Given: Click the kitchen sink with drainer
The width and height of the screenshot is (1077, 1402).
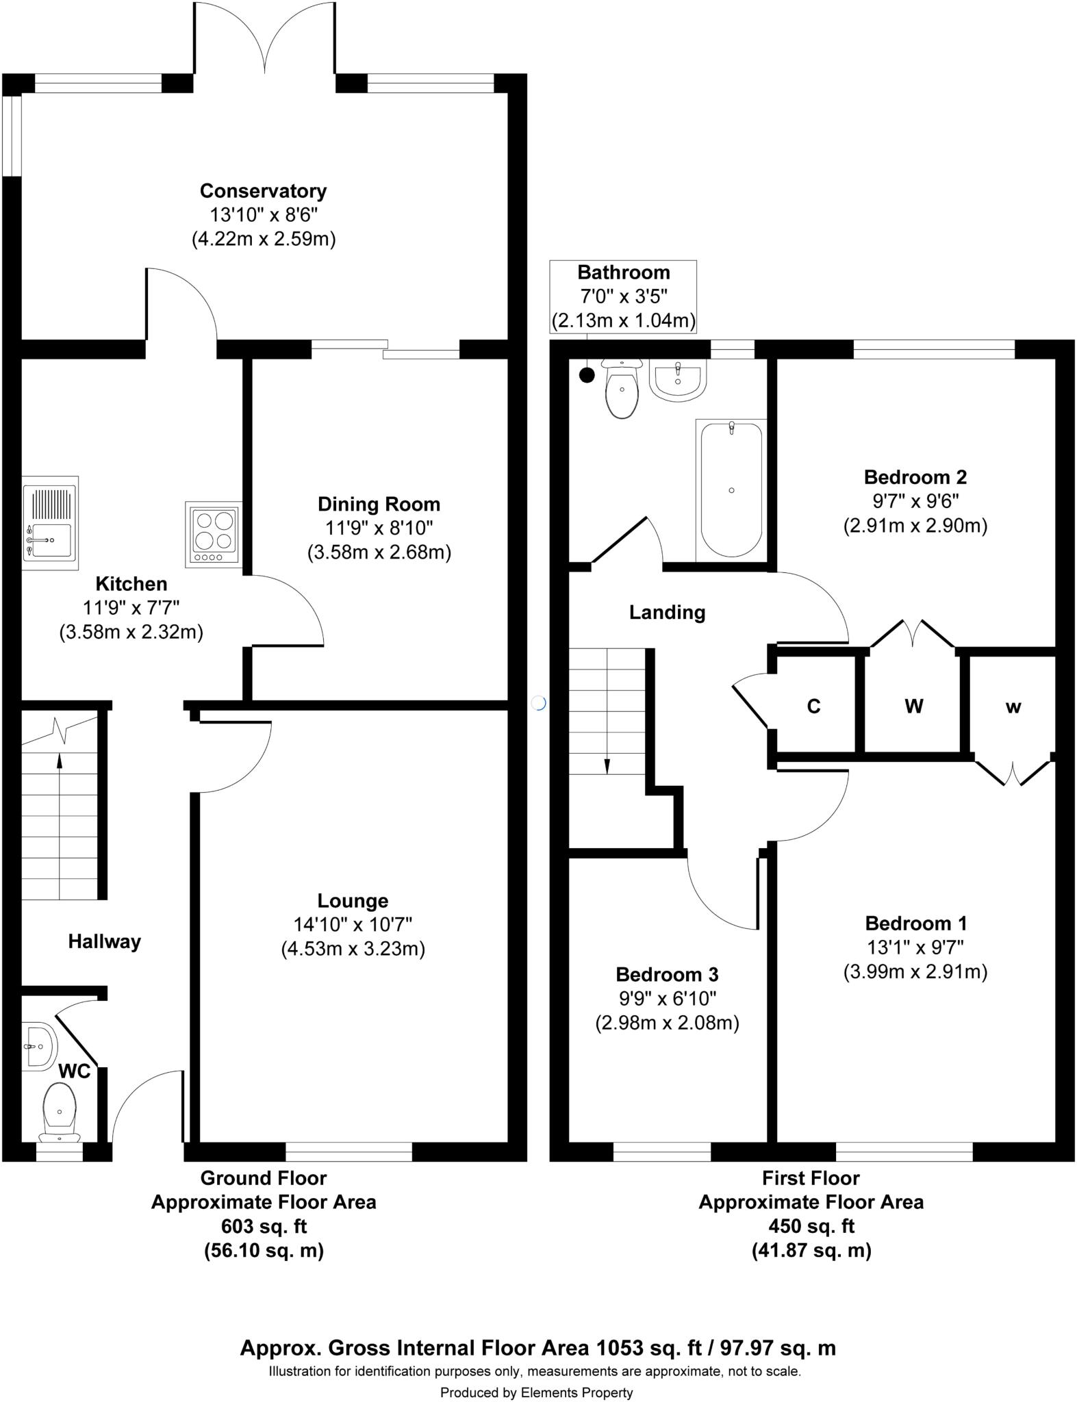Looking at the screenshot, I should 50,523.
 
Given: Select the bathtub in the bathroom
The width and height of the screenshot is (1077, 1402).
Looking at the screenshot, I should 731,489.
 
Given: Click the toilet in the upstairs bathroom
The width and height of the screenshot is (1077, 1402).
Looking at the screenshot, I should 622,388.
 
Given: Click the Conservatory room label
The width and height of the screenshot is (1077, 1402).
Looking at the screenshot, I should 263,190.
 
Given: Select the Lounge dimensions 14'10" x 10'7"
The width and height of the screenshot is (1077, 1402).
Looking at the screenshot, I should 353,925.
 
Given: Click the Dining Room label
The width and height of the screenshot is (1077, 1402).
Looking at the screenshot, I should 379,505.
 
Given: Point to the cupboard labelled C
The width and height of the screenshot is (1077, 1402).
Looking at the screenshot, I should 813,706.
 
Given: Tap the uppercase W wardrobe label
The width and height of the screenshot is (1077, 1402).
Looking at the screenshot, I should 914,706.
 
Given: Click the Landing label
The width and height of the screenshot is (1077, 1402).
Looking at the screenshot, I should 667,612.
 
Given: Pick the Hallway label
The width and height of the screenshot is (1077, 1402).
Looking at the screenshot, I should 104,942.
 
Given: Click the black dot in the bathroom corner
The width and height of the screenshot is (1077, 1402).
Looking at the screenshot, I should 587,375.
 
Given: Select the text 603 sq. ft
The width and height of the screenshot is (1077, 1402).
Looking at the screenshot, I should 264,1226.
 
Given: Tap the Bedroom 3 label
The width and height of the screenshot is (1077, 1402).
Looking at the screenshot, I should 667,974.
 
